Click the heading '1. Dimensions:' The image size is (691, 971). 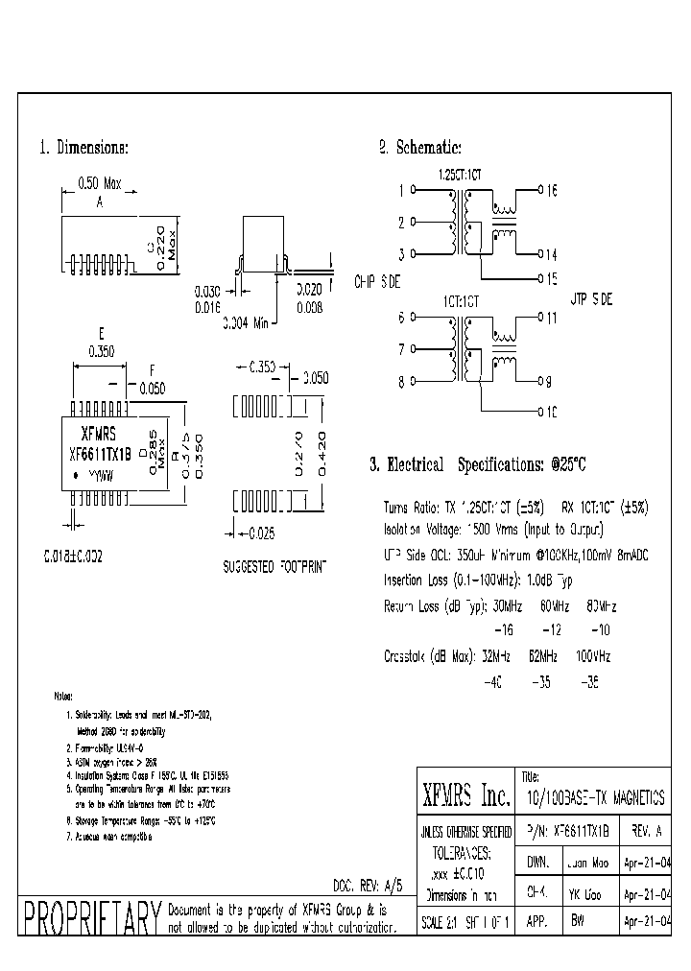pyautogui.click(x=83, y=148)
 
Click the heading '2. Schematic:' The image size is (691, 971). pyautogui.click(x=419, y=148)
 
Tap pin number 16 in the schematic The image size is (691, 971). pyautogui.click(x=552, y=190)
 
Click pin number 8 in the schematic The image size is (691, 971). pyautogui.click(x=400, y=383)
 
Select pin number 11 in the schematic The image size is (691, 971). pyautogui.click(x=552, y=318)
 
